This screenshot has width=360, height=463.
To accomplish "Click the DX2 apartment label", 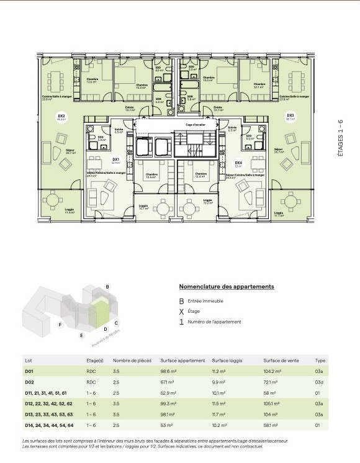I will click(61, 116).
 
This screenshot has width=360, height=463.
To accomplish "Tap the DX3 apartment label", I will click(290, 116).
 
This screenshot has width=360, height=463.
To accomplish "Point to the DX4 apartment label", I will click(238, 163).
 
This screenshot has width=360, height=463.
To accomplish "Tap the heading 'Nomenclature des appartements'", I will click(226, 287).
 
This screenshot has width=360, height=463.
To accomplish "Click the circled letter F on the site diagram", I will click(60, 325).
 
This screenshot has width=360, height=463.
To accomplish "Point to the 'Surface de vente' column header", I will click(280, 360).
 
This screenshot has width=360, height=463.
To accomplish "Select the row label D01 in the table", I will click(29, 371).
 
